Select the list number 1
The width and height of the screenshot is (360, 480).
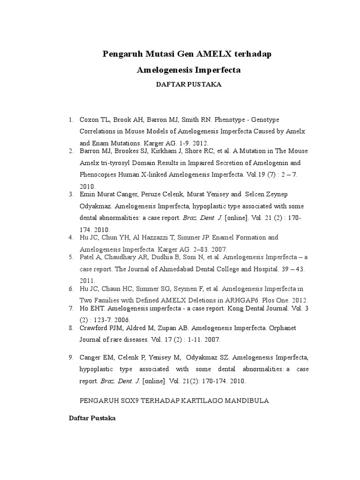(71, 120)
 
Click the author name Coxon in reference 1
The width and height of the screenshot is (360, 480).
(89, 120)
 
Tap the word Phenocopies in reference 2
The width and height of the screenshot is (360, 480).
(98, 174)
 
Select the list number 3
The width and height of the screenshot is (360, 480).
(71, 194)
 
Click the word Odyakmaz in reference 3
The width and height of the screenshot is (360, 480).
(95, 206)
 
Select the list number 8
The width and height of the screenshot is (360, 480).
(71, 328)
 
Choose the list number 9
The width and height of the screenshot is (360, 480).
(71, 357)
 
